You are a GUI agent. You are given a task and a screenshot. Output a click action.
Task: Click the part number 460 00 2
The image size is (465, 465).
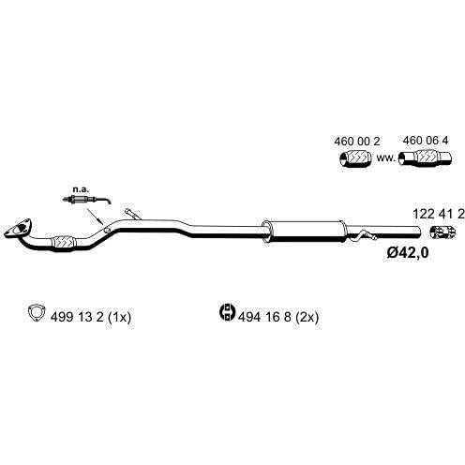tap(357, 142)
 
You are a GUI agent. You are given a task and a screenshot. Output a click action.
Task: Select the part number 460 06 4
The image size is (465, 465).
tap(426, 141)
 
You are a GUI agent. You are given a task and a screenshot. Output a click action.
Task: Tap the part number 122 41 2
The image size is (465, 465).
tap(439, 214)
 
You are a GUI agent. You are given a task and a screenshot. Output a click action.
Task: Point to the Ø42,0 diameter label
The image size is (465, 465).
tap(408, 252)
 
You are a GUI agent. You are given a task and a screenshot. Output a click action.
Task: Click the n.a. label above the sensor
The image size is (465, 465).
tap(81, 189)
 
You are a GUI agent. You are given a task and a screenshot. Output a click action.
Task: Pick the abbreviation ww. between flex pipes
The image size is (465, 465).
tap(386, 157)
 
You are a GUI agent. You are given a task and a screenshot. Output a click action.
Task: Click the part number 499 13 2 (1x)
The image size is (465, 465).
tap(91, 317)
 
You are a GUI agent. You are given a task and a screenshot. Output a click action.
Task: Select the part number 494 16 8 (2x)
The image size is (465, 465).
tap(278, 317)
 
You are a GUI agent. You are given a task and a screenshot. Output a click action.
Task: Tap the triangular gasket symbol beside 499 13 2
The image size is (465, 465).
tap(37, 312)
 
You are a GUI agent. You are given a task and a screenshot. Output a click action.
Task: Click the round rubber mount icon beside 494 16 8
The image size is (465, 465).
tap(227, 311)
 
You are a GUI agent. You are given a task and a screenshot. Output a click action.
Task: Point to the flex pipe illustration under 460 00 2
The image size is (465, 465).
tap(355, 158)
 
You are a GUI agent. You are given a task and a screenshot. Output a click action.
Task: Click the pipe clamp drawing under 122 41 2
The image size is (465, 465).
tap(442, 232)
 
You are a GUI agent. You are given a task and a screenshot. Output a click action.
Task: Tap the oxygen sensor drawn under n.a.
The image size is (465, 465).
tap(86, 199)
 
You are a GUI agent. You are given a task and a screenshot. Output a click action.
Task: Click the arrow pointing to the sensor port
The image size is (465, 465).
tap(94, 216)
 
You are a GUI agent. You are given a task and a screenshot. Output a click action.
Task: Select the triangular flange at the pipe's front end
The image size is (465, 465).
tap(19, 228)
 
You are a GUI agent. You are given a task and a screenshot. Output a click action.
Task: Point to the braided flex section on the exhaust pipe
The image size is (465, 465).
tap(64, 243)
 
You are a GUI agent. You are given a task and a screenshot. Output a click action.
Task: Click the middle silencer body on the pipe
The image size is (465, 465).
tap(305, 232)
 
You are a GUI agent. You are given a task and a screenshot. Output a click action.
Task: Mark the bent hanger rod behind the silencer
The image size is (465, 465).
tap(363, 236)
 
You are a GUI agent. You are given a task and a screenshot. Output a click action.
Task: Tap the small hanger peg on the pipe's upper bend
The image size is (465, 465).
tap(132, 214)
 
